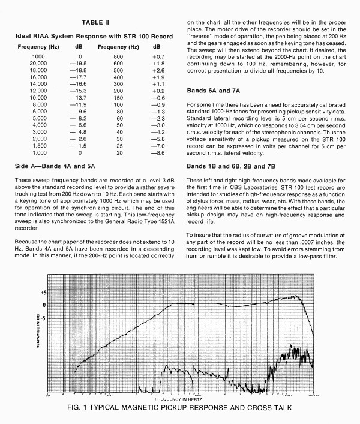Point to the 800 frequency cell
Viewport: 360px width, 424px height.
[x=118, y=56]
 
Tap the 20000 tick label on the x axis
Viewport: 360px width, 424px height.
[x=312, y=395]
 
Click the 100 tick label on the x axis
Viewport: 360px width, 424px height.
[x=109, y=395]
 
